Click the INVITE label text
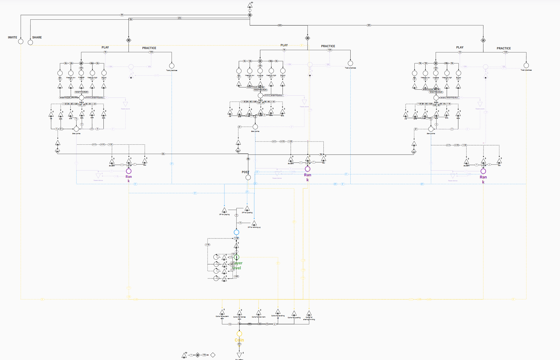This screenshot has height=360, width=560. pos(12,37)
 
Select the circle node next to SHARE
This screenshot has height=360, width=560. pos(30,42)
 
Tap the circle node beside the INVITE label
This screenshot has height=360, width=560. pos(21,41)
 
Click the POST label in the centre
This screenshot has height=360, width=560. pos(245,172)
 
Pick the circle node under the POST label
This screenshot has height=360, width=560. pos(248,177)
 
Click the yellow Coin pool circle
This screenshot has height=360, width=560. pos(239,334)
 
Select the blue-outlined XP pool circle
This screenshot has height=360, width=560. pos(237,232)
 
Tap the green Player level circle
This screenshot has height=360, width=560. pos(237,257)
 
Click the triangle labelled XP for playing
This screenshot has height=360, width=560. pos(224,210)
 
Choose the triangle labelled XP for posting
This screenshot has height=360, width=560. pos(247,208)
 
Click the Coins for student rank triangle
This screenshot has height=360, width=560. pos(222,312)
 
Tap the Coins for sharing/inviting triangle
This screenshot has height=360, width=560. pos(309,313)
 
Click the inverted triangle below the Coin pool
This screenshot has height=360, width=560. pos(239,355)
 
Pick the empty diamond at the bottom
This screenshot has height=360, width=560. pos(213,355)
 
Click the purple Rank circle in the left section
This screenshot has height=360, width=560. pos(129,171)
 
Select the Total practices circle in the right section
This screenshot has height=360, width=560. pos(526,65)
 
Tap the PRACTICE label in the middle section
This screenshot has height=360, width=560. pos(328,46)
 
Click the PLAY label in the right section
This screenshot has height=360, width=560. pos(460,47)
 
